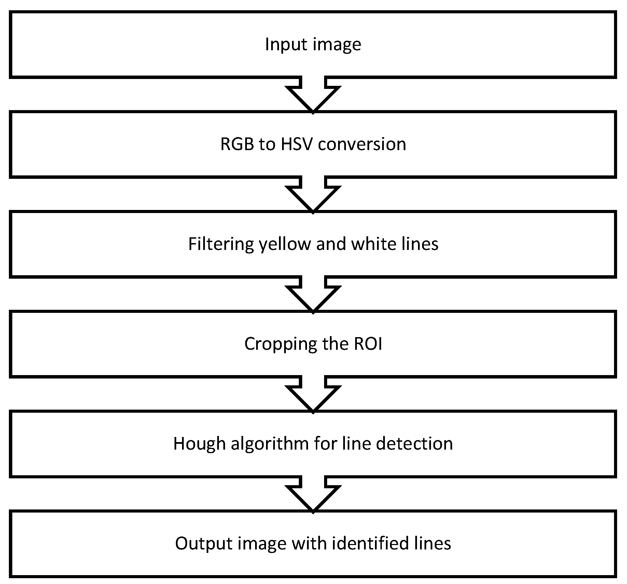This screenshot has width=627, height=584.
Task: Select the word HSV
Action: point(297,144)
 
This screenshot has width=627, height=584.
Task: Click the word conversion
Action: point(362,144)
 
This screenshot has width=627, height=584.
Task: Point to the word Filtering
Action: point(221,244)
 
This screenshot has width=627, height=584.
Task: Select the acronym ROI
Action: point(368,344)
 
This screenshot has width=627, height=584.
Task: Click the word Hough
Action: point(199,443)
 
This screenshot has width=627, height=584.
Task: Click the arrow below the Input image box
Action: point(313,96)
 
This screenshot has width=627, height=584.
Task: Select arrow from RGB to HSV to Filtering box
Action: point(313,196)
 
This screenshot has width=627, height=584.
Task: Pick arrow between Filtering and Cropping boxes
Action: point(313,295)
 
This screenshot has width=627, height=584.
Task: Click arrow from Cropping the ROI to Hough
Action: point(313,395)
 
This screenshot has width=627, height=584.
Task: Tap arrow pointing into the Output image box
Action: point(313,495)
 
